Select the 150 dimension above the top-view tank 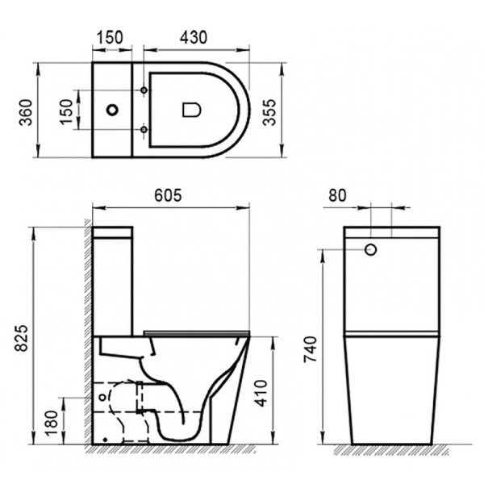(x=110, y=37)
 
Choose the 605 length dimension (x=169, y=194)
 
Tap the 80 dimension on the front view (x=340, y=194)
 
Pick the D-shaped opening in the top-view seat (x=191, y=109)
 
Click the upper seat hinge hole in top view (x=144, y=90)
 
